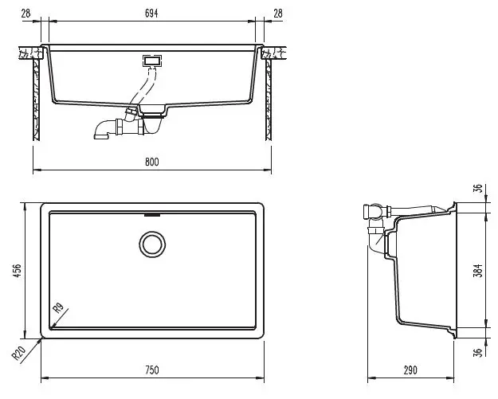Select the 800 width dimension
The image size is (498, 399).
[x=151, y=162]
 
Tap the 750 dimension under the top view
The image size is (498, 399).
[x=151, y=370]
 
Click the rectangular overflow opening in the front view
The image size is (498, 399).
[x=151, y=60]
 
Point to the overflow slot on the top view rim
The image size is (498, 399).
[x=151, y=214]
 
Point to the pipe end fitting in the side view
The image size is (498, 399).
[x=368, y=212]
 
